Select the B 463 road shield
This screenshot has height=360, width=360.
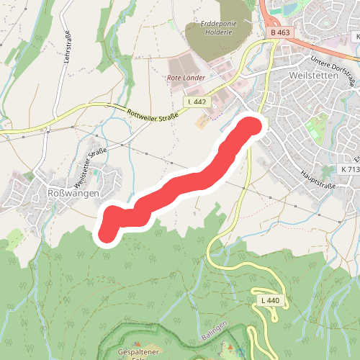[280, 32]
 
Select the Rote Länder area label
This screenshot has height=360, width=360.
[186, 77]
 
